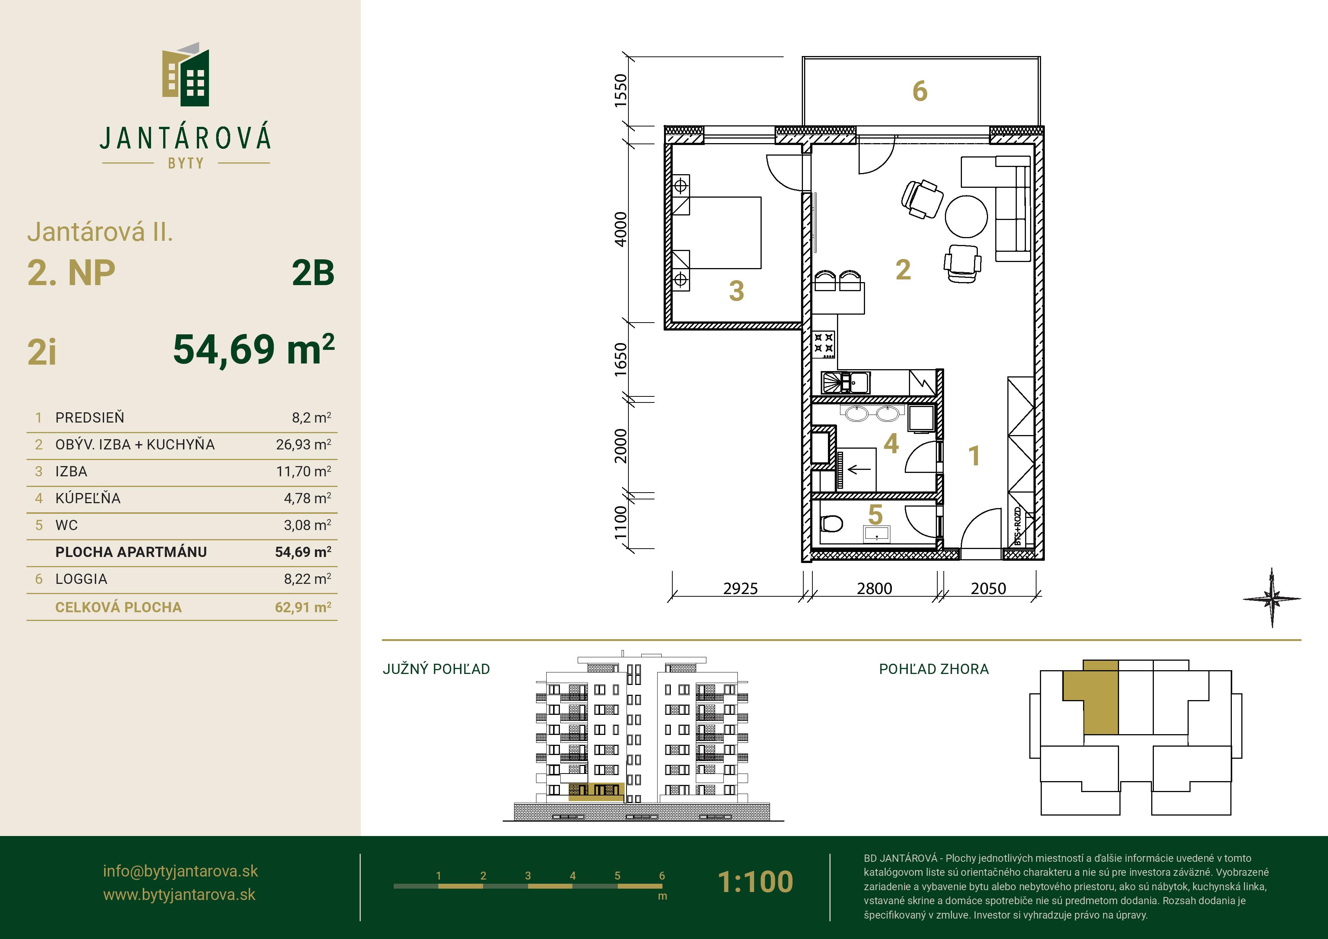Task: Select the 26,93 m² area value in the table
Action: (304, 445)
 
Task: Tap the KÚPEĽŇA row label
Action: (88, 498)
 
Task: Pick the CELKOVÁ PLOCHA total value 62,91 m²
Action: (303, 607)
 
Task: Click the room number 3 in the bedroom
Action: (736, 291)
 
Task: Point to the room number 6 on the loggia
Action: (920, 91)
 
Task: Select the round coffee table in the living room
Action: (966, 216)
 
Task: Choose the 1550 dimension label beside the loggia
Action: (620, 90)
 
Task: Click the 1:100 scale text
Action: (755, 882)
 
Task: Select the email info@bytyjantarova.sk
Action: (181, 871)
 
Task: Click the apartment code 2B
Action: (313, 274)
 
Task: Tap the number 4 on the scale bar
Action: (573, 875)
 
